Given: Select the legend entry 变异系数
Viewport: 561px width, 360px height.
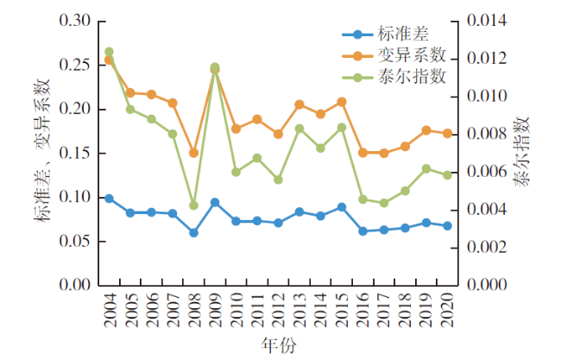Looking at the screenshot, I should [412, 55].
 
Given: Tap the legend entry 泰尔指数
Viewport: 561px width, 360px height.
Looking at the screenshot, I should [412, 76].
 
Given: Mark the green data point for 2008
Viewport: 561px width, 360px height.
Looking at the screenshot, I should [193, 205].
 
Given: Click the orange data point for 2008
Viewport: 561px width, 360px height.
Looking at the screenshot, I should [193, 153].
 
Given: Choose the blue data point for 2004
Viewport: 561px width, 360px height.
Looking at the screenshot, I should [109, 199].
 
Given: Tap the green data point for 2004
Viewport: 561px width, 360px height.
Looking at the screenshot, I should [109, 52].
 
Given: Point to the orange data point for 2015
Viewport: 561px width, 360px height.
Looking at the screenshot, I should [342, 102].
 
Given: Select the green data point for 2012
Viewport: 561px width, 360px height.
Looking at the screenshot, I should [278, 180].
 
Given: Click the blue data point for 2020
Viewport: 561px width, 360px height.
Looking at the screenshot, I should [447, 226].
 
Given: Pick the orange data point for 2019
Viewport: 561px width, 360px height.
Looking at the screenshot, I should [426, 130].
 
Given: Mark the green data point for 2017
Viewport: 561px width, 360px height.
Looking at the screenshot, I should [384, 203].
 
